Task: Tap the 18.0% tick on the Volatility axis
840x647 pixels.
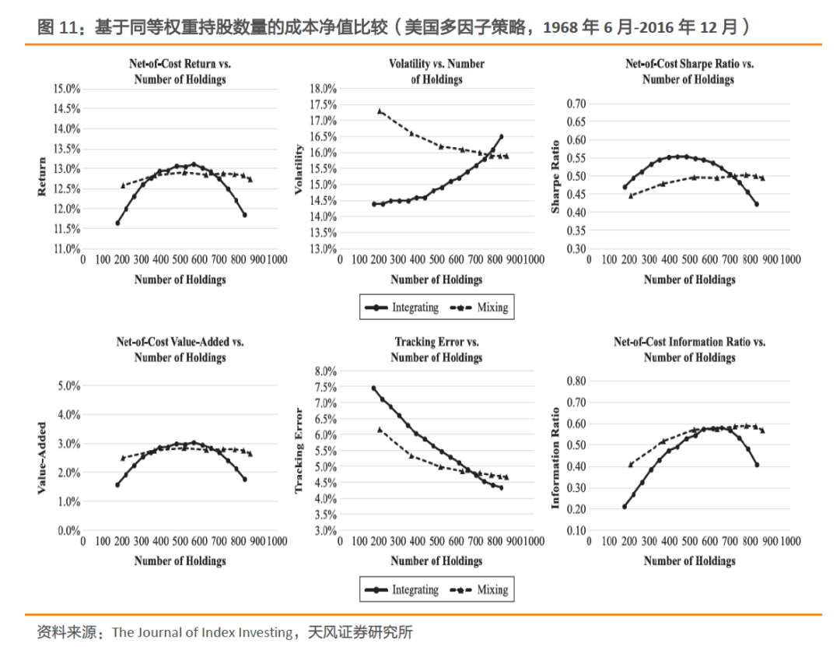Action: click(322, 89)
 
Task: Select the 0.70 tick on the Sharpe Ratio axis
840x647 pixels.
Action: click(575, 104)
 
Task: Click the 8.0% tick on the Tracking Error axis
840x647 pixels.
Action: click(324, 371)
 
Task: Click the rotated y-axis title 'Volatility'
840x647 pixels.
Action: click(299, 168)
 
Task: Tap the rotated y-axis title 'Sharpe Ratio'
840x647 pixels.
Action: click(555, 176)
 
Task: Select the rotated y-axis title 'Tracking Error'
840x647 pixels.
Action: click(299, 451)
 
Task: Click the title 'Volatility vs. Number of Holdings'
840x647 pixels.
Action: click(436, 71)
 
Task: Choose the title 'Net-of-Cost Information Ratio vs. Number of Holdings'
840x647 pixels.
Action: click(689, 350)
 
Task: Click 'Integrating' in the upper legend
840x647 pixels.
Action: click(415, 308)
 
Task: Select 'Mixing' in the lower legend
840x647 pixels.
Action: click(492, 589)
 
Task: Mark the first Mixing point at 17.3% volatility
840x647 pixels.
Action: click(380, 111)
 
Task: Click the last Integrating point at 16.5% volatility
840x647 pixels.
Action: click(501, 137)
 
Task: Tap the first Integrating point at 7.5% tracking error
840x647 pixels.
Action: click(373, 388)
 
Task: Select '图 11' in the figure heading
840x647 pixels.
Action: click(58, 28)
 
